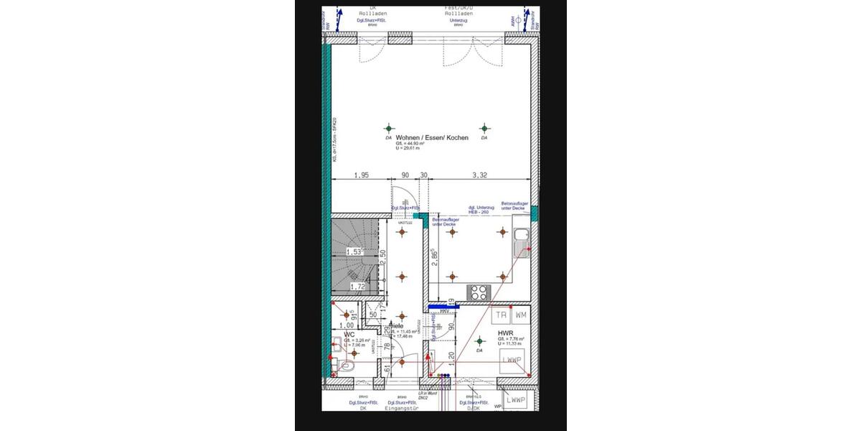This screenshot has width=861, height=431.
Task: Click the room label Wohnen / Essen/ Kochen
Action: coord(432,137)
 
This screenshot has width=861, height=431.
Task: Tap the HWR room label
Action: coord(505,333)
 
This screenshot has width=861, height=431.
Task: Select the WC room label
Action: coord(349,334)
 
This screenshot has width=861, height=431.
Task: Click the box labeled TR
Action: coord(501,315)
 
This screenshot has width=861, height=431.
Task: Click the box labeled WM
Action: coord(521,315)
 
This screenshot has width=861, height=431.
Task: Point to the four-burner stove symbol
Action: coord(477,292)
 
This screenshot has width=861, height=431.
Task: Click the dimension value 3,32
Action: coord(480,175)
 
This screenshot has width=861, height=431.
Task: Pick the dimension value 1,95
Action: coord(361,175)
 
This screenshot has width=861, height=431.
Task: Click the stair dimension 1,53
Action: coord(354,251)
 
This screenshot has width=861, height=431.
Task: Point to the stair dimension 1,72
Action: coord(357,287)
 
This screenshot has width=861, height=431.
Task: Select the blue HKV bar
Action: coord(441,307)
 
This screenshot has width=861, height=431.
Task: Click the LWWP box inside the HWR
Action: coord(511,359)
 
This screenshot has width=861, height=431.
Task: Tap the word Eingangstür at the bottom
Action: coord(402,409)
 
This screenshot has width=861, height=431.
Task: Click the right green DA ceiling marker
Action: coord(484,128)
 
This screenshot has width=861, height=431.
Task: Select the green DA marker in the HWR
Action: coord(479,342)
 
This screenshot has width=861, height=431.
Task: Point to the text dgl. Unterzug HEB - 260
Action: coord(481,210)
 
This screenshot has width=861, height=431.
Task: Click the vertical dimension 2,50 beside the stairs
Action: coord(383,257)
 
